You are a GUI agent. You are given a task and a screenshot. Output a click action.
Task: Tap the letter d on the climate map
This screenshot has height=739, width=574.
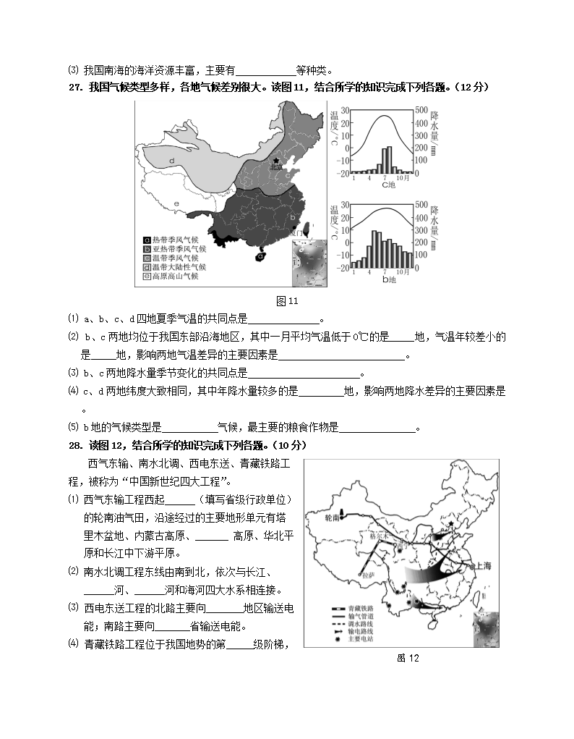(x=172, y=160)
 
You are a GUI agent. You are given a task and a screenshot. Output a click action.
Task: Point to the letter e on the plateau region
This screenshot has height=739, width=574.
(x=176, y=206)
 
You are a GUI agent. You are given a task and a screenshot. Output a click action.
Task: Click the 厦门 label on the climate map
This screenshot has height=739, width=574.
(x=295, y=234)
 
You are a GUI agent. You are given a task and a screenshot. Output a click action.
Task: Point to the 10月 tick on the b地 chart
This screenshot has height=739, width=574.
(x=403, y=271)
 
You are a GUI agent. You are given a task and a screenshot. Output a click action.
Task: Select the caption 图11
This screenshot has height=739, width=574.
(x=287, y=301)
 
